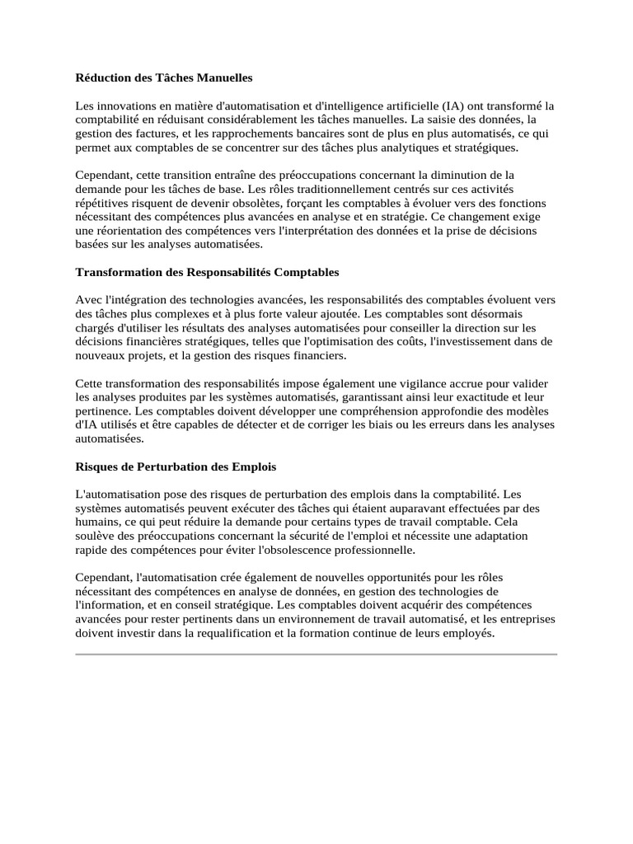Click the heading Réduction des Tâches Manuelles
click(164, 77)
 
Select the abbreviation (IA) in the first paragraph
click(455, 106)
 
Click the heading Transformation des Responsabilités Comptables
click(207, 272)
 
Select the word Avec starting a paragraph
click(88, 300)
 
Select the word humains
click(97, 522)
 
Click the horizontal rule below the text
click(316, 654)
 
